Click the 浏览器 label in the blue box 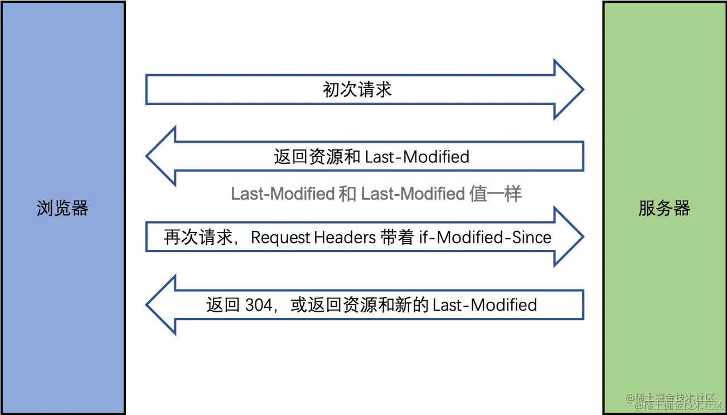pos(62,209)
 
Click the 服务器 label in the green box pos(664,208)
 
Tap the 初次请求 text pos(357,89)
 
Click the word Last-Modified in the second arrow pos(417,157)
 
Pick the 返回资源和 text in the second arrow pos(317,157)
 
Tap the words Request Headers pos(313,238)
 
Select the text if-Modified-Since pos(485,238)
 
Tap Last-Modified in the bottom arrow pos(484,305)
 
